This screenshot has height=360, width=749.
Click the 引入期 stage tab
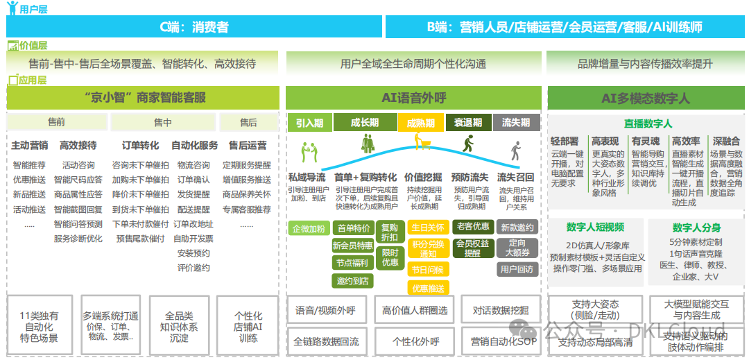pos(309,123)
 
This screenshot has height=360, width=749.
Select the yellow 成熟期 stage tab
pos(420,123)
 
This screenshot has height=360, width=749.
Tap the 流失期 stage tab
pos(515,123)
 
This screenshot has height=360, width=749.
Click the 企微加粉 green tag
pos(308,228)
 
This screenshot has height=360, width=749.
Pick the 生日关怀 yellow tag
pos(427,228)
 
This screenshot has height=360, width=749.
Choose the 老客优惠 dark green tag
pos(473,227)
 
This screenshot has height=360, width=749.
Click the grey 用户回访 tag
pos(516,269)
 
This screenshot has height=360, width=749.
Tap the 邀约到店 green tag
pos(352,280)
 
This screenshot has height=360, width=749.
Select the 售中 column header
pos(163,123)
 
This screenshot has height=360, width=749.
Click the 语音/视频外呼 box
pos(325,311)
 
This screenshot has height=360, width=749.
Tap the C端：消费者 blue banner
pos(193,27)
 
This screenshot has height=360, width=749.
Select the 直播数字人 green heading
pos(648,123)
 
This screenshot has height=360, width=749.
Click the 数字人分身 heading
pos(696,228)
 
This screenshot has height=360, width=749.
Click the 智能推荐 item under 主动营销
pos(29,165)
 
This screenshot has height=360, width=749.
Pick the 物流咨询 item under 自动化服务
pos(193,165)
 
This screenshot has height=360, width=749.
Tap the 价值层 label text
pos(33,46)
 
